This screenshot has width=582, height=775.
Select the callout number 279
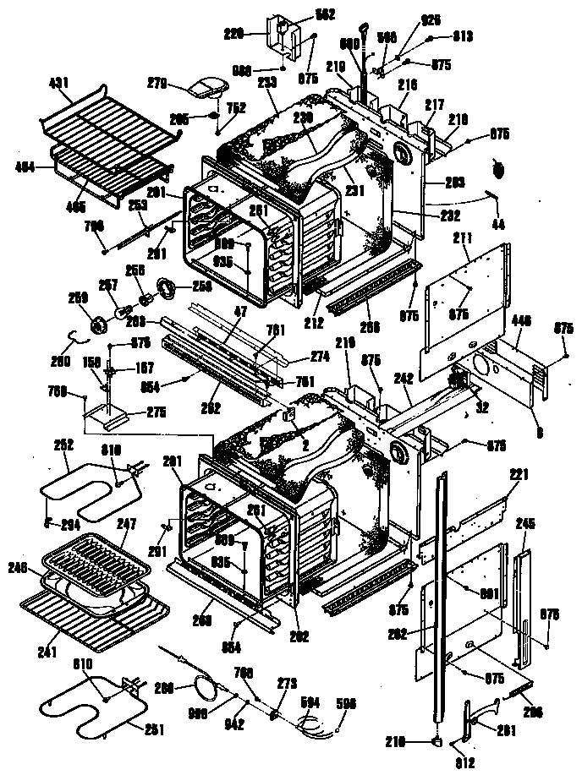click(181, 82)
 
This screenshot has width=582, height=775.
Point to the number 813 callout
click(462, 37)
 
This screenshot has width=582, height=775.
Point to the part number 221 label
click(517, 475)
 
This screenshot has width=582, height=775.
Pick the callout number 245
click(525, 523)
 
